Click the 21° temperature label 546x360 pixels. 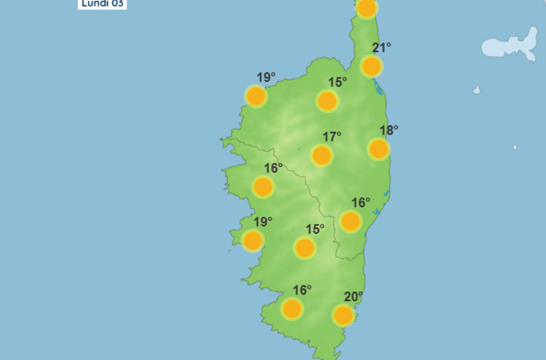click(382, 47)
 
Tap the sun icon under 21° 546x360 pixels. click(371, 66)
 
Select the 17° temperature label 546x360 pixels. click(332, 137)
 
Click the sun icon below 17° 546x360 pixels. click(321, 156)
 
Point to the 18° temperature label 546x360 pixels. click(389, 130)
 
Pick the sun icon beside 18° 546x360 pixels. click(378, 149)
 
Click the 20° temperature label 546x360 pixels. click(353, 296)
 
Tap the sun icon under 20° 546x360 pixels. click(343, 316)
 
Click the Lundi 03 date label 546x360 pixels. click(103, 3)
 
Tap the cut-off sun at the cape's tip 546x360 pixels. click(366, 8)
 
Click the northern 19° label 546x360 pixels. click(266, 78)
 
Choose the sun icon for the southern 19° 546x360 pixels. click(252, 240)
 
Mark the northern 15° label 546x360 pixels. click(337, 82)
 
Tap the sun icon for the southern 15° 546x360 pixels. click(304, 248)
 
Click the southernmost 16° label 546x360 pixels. click(302, 290)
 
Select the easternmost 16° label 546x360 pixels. click(360, 203)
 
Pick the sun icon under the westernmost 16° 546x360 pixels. click(263, 187)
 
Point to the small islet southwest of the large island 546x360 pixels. click(477, 90)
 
